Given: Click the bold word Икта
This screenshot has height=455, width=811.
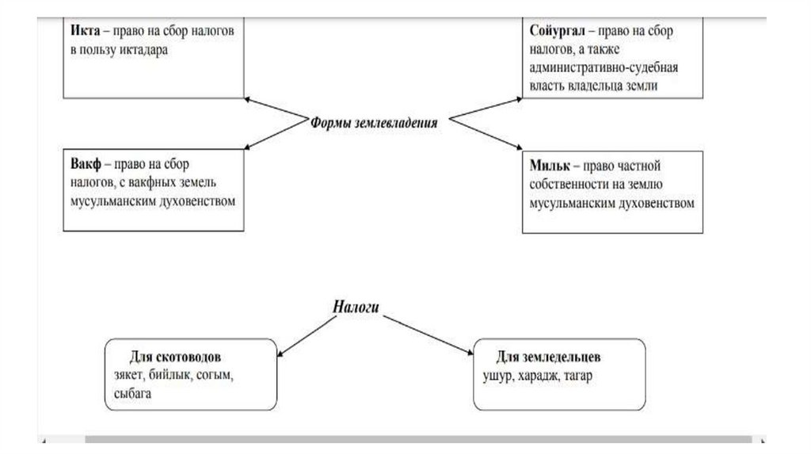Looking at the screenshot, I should click(x=83, y=32).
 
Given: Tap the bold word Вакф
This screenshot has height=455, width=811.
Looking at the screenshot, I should click(x=85, y=166).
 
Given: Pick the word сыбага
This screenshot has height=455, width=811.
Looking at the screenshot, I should click(x=132, y=392).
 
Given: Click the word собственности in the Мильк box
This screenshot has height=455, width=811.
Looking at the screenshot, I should click(x=578, y=184).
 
